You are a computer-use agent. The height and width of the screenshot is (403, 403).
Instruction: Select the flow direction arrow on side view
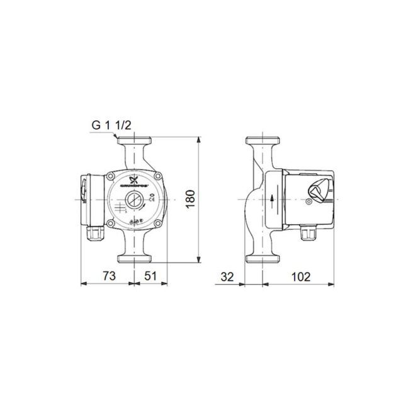click(272, 200)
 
